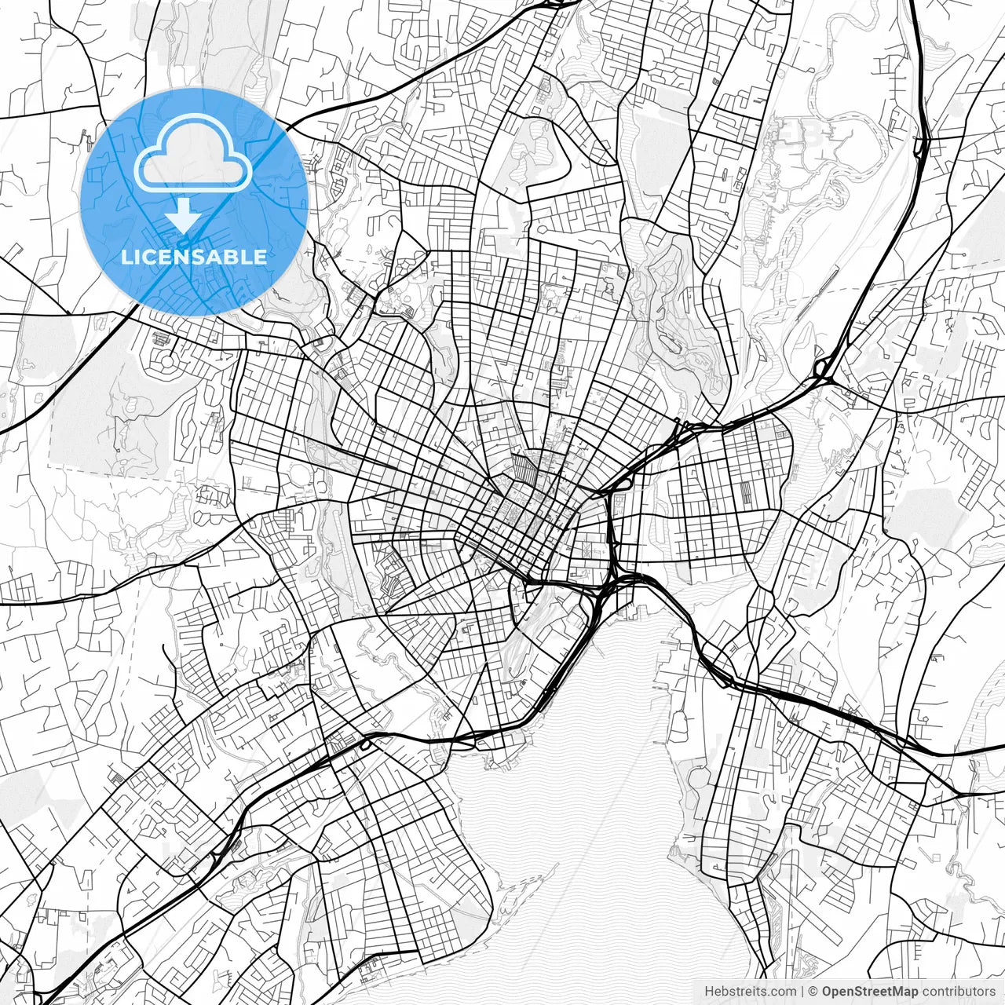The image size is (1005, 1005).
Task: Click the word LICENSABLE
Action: click(x=194, y=257)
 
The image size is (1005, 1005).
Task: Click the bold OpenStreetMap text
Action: click(x=870, y=992)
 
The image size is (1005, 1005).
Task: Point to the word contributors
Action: click(x=959, y=992)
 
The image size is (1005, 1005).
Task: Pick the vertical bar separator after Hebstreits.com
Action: click(x=802, y=992)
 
